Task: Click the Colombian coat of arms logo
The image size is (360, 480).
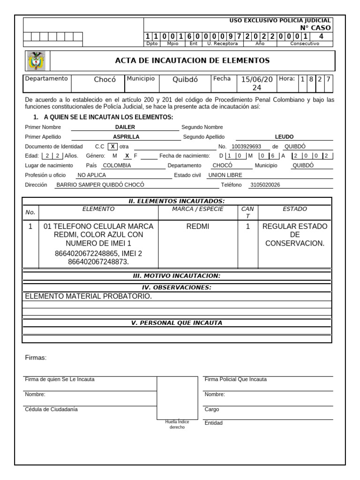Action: point(37,61)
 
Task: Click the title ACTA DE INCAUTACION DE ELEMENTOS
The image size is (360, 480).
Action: point(192,60)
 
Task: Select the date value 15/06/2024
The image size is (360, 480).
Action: point(256,83)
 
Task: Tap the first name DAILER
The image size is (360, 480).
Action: point(125,127)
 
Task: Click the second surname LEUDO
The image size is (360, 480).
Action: point(284,137)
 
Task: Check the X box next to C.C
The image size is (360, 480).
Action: point(112,146)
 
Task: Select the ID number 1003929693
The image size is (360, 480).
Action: point(246,146)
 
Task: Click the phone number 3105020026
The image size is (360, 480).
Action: point(265,185)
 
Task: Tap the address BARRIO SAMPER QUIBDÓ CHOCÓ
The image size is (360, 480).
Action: point(100,185)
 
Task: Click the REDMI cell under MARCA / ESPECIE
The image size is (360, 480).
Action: point(198,226)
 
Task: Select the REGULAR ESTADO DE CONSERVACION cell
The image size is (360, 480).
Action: point(294,235)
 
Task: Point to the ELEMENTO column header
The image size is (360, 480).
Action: point(98,209)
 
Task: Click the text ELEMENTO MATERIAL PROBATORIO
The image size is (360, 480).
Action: point(88,296)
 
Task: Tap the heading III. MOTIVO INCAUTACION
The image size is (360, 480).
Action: point(176,276)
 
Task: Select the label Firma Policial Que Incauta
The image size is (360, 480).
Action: point(236,379)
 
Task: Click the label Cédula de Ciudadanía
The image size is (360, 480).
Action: point(52,409)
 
